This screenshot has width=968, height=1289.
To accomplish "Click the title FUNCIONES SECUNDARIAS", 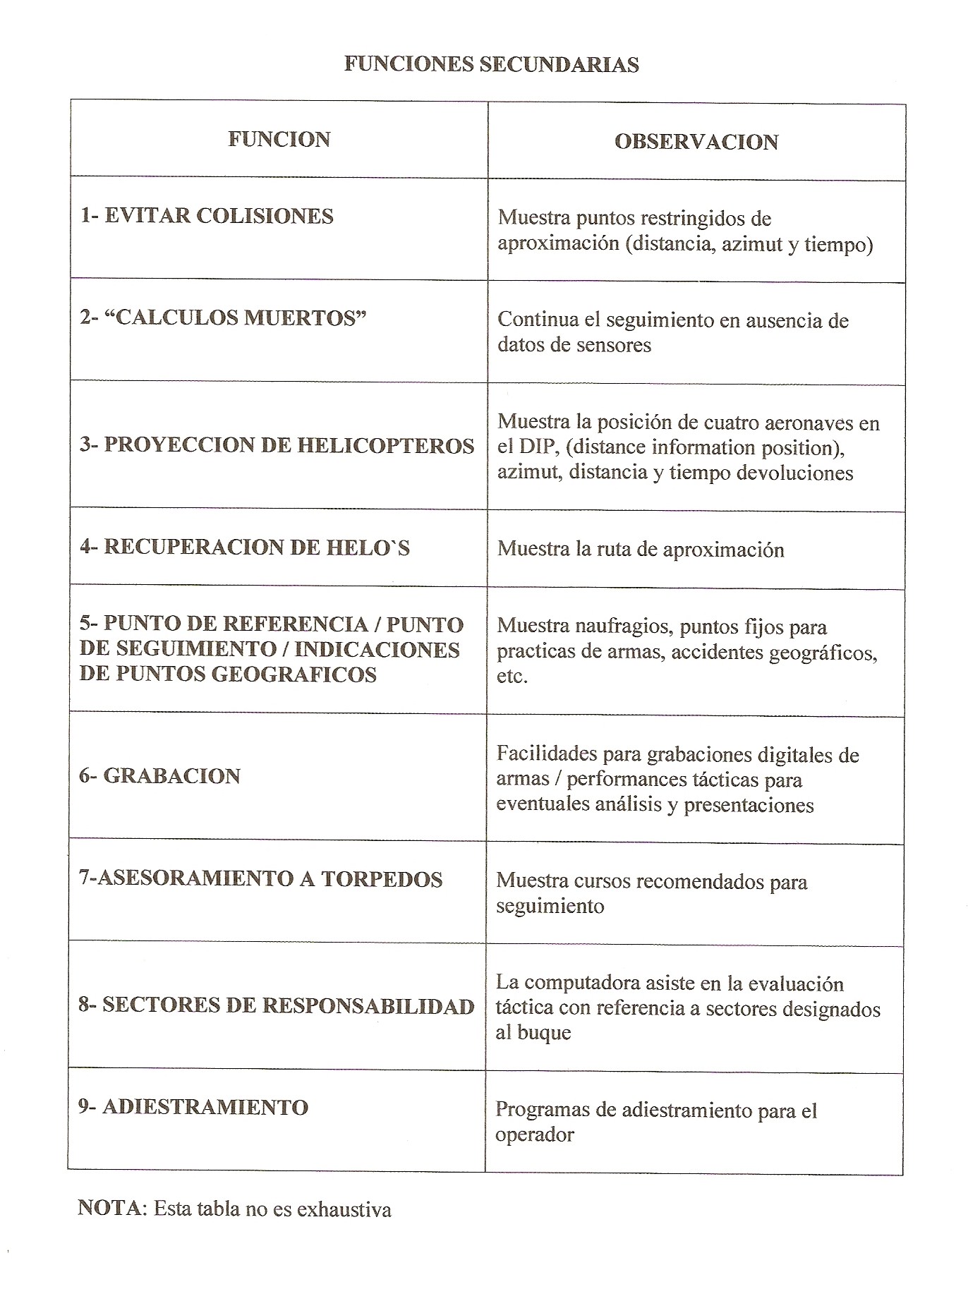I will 491,64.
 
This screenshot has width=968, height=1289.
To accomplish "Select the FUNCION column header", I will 279,139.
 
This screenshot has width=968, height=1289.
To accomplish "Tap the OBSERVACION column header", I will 696,142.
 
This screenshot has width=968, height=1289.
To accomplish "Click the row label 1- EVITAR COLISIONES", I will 206,216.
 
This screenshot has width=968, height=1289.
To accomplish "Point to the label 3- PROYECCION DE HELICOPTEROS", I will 277,445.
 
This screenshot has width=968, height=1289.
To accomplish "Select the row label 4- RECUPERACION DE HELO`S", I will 244,547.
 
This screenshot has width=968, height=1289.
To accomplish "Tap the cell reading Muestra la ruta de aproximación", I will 641,549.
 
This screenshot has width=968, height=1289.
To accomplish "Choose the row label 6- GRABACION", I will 159,776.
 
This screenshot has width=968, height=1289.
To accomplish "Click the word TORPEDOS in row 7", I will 382,879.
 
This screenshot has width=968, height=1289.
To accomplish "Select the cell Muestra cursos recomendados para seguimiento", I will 651,893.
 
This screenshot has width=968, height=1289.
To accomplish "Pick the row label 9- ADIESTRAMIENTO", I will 193,1107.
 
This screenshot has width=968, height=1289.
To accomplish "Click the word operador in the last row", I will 534,1134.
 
